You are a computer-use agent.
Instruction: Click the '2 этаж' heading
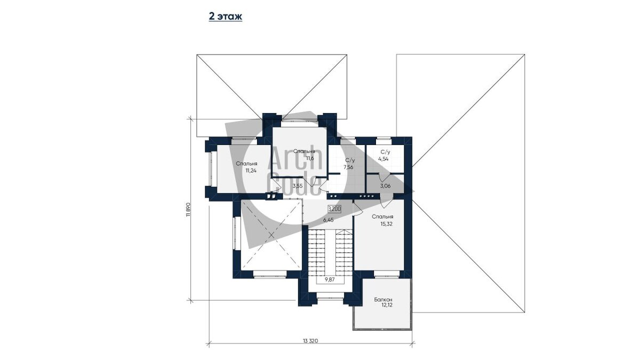[x=226, y=17]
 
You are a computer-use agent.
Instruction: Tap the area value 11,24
[x=251, y=171]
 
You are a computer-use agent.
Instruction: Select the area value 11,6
[x=310, y=158]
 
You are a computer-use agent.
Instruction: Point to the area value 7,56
[x=348, y=167]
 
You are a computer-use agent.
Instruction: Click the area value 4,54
[x=383, y=159]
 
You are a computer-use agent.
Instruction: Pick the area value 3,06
[x=385, y=186]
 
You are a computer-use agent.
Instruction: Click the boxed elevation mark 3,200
[x=334, y=209]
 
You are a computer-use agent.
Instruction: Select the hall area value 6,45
[x=329, y=220]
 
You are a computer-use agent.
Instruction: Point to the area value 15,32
[x=386, y=224]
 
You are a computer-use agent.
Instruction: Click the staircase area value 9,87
[x=330, y=279]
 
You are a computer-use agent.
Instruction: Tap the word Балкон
[x=383, y=300]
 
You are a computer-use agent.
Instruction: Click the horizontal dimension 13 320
[x=310, y=341]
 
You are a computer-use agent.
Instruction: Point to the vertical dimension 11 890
[x=188, y=210]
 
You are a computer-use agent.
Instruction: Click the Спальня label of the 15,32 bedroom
[x=382, y=217]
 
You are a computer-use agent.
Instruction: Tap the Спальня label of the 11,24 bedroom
[x=246, y=164]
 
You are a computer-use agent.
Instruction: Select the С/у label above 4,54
[x=386, y=153]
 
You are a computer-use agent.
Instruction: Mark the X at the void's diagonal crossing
[x=271, y=235]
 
